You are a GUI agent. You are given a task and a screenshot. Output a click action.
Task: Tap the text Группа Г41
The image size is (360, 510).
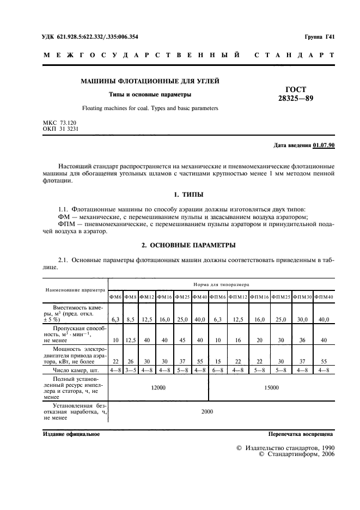click(x=319, y=37)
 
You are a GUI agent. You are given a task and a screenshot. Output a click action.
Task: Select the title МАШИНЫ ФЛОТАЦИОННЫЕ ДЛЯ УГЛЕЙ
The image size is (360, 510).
click(x=150, y=81)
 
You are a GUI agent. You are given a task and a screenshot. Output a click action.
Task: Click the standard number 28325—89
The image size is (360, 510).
click(x=296, y=99)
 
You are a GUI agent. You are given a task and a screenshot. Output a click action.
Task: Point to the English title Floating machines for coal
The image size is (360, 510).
click(x=150, y=108)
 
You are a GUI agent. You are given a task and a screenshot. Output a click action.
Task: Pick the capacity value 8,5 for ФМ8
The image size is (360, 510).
click(x=130, y=320)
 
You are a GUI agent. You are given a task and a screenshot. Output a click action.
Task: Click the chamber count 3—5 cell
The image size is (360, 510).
click(x=130, y=371)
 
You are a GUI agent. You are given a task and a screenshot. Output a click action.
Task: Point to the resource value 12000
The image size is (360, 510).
click(x=158, y=387)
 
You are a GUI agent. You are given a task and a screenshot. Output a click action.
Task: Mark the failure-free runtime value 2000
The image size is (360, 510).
click(x=207, y=411)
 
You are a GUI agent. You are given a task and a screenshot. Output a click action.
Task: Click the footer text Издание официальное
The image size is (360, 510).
click(x=70, y=434)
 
